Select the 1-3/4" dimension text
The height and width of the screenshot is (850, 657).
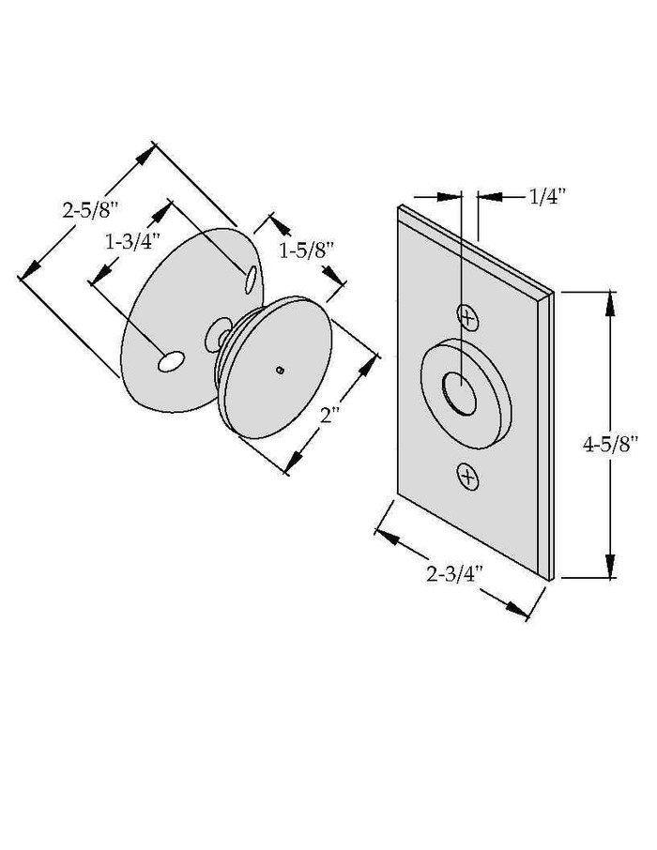(132, 242)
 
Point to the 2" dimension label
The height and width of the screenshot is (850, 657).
(328, 414)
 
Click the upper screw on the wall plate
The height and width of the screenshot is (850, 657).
(468, 318)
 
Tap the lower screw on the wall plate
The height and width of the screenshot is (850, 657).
(468, 478)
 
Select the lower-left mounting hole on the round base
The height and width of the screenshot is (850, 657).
(170, 362)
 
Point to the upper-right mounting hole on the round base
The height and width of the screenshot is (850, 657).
(251, 279)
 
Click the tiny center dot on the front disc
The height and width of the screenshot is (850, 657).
(280, 370)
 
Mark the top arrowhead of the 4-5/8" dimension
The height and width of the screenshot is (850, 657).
(610, 304)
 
